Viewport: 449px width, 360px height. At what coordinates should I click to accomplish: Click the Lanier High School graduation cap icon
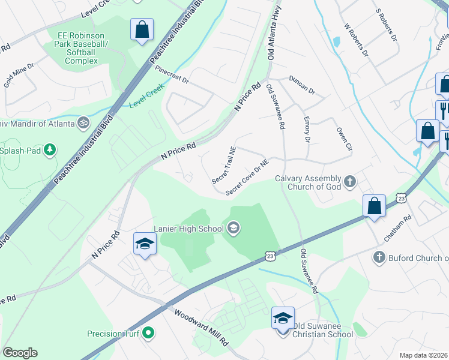coord(234,227)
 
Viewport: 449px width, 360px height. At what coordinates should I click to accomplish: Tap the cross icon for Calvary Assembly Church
coord(350,180)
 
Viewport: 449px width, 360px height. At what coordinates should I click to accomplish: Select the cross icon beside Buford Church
coord(378,258)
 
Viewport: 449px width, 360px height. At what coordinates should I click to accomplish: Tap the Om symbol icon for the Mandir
coord(83,124)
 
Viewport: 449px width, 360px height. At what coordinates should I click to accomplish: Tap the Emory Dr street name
coord(306,130)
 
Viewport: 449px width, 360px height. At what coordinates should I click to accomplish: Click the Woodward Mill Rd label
coord(202,327)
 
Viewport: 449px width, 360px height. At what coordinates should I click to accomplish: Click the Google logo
coord(20,353)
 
